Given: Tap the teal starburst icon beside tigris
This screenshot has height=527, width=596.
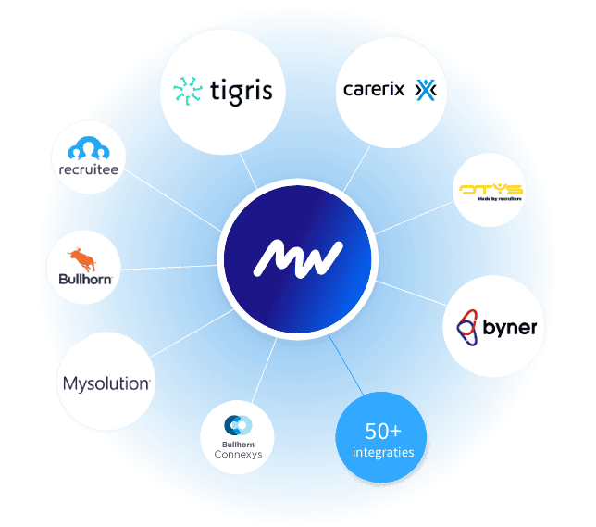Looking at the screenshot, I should tap(188, 92).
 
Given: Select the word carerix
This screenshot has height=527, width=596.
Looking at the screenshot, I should tap(375, 90).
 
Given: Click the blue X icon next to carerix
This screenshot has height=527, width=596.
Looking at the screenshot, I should tap(424, 90).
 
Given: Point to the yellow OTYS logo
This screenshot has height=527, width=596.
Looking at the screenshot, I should tap(490, 189).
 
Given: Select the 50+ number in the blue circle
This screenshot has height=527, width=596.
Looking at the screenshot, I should tap(381, 431).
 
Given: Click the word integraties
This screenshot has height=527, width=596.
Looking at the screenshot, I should tap(382, 452).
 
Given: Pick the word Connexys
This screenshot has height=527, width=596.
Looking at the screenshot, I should tap(238, 454).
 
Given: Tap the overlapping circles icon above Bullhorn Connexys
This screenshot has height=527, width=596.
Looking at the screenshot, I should tap(238, 424).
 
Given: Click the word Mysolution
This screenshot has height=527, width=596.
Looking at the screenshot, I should tap(106, 383).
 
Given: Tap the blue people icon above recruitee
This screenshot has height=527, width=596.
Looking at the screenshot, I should tap(87, 148).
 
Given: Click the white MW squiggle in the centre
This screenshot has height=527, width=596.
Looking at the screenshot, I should tap(298, 257).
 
